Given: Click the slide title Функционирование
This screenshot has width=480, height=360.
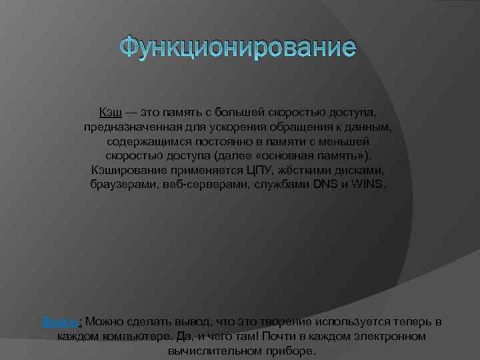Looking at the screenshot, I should (239, 49).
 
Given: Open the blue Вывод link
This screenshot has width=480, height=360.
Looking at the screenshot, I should (61, 323).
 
